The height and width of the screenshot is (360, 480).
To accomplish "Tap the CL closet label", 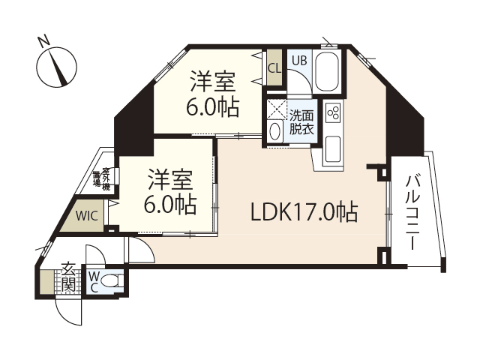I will pyautogui.click(x=274, y=68).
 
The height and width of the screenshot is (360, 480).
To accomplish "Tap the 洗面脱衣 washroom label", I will pyautogui.click(x=303, y=122).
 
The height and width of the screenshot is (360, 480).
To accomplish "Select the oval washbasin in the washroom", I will pyautogui.click(x=275, y=131).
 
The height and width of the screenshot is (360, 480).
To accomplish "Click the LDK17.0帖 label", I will pyautogui.click(x=303, y=212).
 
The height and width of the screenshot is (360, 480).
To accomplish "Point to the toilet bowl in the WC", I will pyautogui.click(x=112, y=282).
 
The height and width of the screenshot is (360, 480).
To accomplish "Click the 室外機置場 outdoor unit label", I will pyautogui.click(x=101, y=179).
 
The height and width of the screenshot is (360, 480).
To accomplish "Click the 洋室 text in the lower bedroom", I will pyautogui.click(x=169, y=181).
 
